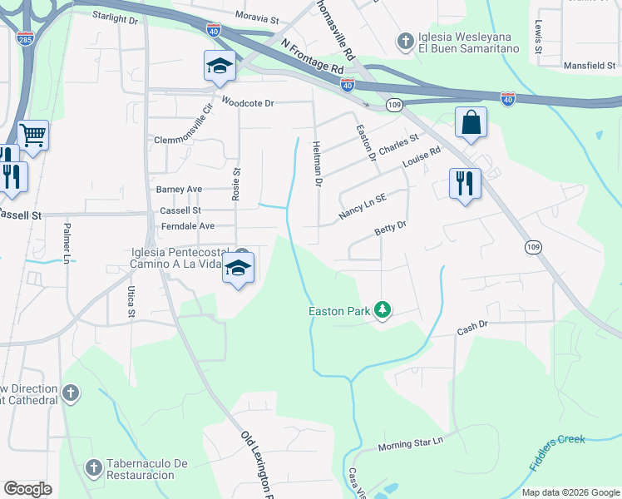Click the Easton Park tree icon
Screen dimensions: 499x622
383,310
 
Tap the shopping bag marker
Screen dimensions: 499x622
471,123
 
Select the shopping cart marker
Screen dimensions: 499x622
32,134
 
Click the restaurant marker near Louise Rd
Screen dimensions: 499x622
465,183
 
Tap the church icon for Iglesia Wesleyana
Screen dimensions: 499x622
405,41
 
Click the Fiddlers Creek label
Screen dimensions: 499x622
557,452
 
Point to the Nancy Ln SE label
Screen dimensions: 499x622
363,208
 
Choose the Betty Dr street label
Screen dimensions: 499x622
391,226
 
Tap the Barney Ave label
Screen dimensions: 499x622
180,190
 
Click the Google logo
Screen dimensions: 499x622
28,489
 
